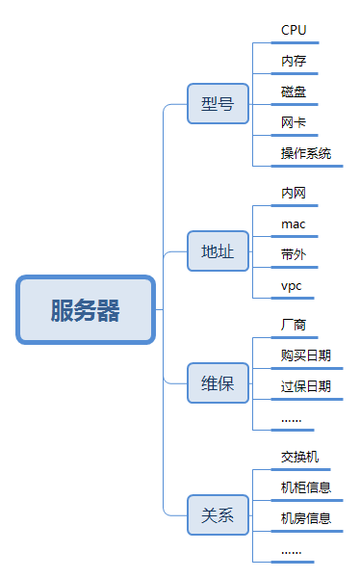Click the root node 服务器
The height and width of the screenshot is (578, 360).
tap(86, 310)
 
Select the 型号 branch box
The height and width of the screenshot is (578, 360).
tap(218, 103)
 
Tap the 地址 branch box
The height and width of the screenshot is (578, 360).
tap(218, 252)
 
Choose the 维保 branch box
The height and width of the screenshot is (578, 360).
tap(218, 382)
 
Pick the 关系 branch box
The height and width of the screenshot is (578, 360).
tap(218, 514)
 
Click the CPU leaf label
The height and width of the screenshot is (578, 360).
tap(294, 30)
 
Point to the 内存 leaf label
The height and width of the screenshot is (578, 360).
tap(294, 61)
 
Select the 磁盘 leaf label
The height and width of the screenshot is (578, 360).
tap(294, 92)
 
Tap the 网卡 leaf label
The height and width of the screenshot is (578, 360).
tap(294, 122)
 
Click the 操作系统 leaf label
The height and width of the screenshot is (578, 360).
tap(306, 153)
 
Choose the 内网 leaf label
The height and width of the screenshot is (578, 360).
tap(294, 193)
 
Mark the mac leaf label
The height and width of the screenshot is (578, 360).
tap(293, 223)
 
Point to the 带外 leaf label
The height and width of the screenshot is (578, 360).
tap(294, 254)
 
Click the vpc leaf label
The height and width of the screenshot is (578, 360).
tap(292, 286)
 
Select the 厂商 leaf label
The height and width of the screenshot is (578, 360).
tap(294, 325)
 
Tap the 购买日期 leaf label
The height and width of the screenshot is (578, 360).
tap(306, 355)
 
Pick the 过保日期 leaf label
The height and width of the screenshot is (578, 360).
tap(306, 386)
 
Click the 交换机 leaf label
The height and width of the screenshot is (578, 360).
tap(299, 457)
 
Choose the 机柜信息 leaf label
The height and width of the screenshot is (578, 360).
tap(306, 487)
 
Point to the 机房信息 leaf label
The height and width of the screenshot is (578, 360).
tap(306, 518)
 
